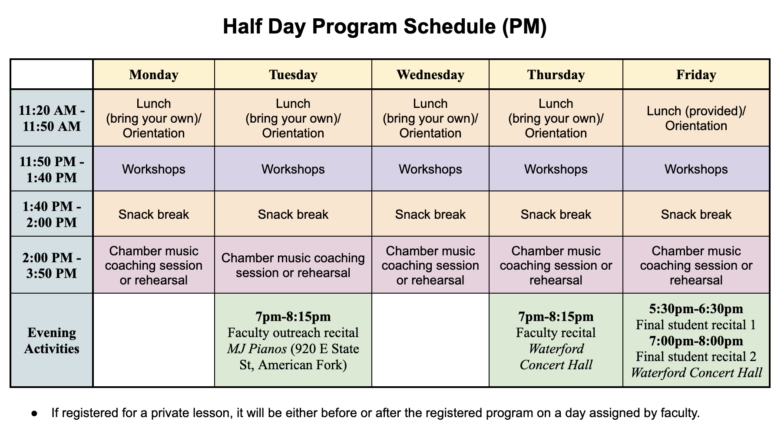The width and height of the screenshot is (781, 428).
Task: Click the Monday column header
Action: coord(154,75)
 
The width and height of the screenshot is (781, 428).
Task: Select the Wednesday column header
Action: coord(430,75)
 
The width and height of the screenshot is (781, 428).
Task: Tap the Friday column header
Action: coord(696,75)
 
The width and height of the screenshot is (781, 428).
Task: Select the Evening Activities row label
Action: coord(52,341)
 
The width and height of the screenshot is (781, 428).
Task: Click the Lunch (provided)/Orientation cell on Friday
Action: coord(696,118)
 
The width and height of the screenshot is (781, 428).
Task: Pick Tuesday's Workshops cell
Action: coord(293,169)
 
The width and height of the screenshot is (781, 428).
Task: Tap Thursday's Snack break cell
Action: coord(556,214)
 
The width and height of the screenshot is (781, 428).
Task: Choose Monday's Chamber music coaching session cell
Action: coord(154,265)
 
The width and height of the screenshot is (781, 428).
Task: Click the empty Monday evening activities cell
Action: coord(154,340)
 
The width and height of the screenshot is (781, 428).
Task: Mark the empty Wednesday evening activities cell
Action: coord(430,340)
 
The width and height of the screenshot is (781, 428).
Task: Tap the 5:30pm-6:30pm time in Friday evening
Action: coord(696,309)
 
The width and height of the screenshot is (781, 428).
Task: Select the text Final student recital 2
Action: coord(696,357)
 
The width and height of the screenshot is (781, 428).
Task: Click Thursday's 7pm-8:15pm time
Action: coord(556,317)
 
